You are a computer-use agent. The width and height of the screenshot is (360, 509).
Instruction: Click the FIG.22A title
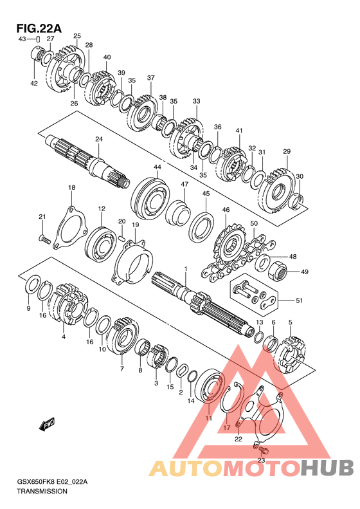pyautogui.click(x=39, y=28)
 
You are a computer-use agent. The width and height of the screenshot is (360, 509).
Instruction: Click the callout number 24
pyautogui.click(x=99, y=139)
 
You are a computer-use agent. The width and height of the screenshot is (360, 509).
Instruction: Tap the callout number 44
pyautogui.click(x=157, y=167)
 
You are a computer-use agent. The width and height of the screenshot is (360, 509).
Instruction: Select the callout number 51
pyautogui.click(x=299, y=301)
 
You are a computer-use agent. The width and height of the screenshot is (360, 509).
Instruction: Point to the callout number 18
pyautogui.click(x=71, y=187)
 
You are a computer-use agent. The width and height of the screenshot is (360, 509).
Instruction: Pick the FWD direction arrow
pyautogui.click(x=47, y=424)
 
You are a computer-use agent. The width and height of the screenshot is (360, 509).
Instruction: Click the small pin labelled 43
pyautogui.click(x=38, y=40)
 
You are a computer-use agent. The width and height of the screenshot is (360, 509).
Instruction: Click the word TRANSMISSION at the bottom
pyautogui.click(x=42, y=491)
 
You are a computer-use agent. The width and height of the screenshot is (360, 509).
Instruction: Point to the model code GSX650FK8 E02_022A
pyautogui.click(x=52, y=482)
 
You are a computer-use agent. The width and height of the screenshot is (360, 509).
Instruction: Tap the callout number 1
pyautogui.click(x=186, y=269)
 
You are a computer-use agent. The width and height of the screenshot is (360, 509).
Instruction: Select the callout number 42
pyautogui.click(x=34, y=84)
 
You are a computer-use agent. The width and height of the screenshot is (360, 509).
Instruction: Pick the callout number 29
pyautogui.click(x=287, y=151)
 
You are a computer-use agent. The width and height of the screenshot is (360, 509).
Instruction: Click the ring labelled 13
pyautogui.click(x=258, y=337)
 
